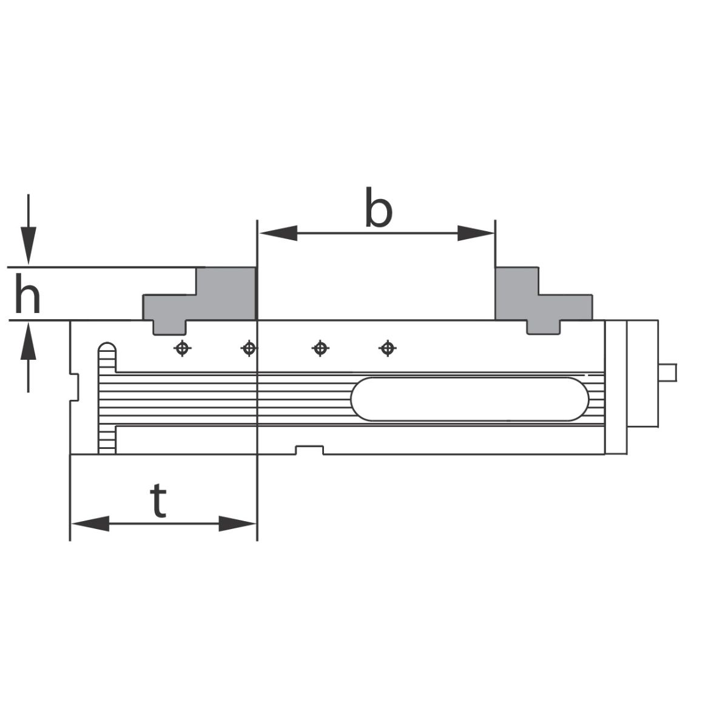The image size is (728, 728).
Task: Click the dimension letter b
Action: pos(379,207)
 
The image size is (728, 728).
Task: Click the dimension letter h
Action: pos(27,294)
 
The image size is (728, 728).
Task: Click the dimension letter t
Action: pos(158,500)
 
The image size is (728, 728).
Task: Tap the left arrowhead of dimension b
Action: pos(278,233)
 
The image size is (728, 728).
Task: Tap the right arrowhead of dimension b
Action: pos(476,233)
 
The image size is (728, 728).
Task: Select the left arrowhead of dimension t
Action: pos(90,524)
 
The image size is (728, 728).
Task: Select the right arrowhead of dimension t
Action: pos(237,524)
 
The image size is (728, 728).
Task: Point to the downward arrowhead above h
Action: pos(29,246)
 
